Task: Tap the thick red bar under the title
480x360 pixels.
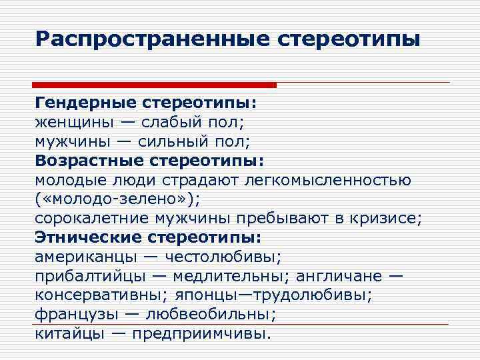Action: [x=154, y=85]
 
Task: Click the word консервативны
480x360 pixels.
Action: [x=100, y=295]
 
